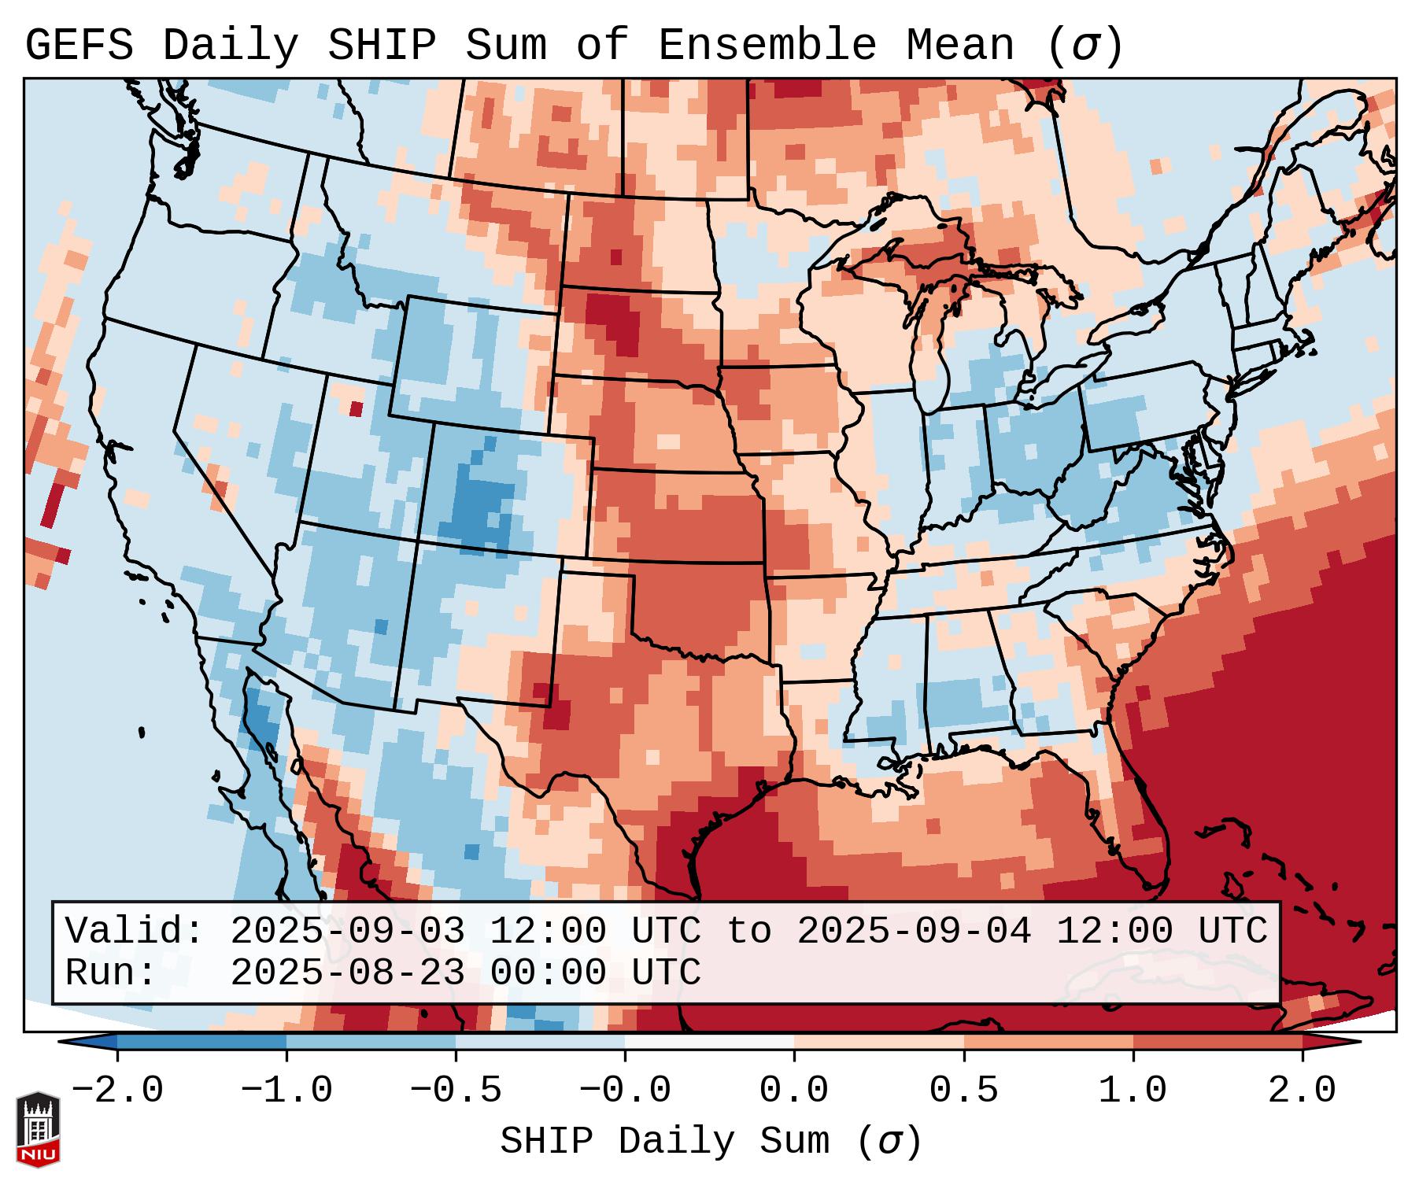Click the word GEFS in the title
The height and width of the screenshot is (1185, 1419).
point(79,46)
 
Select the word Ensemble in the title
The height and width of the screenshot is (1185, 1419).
point(767,46)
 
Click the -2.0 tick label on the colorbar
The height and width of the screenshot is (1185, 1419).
point(117,1091)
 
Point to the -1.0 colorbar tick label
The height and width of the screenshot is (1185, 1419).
point(286,1091)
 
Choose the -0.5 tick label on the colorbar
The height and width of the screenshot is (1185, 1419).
point(456,1091)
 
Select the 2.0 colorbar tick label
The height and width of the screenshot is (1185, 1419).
point(1302,1091)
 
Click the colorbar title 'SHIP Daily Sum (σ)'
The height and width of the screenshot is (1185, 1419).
point(710,1142)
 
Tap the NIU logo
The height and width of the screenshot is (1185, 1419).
point(38,1129)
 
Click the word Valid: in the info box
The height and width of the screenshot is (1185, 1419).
point(135,931)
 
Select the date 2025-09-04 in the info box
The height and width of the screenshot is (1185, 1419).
point(914,931)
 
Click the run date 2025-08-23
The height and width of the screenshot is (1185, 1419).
point(347,973)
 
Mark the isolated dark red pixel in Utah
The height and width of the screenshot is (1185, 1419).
point(356,408)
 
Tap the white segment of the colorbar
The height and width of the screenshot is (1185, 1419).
point(709,1042)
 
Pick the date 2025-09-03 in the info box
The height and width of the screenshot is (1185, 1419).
point(347,931)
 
